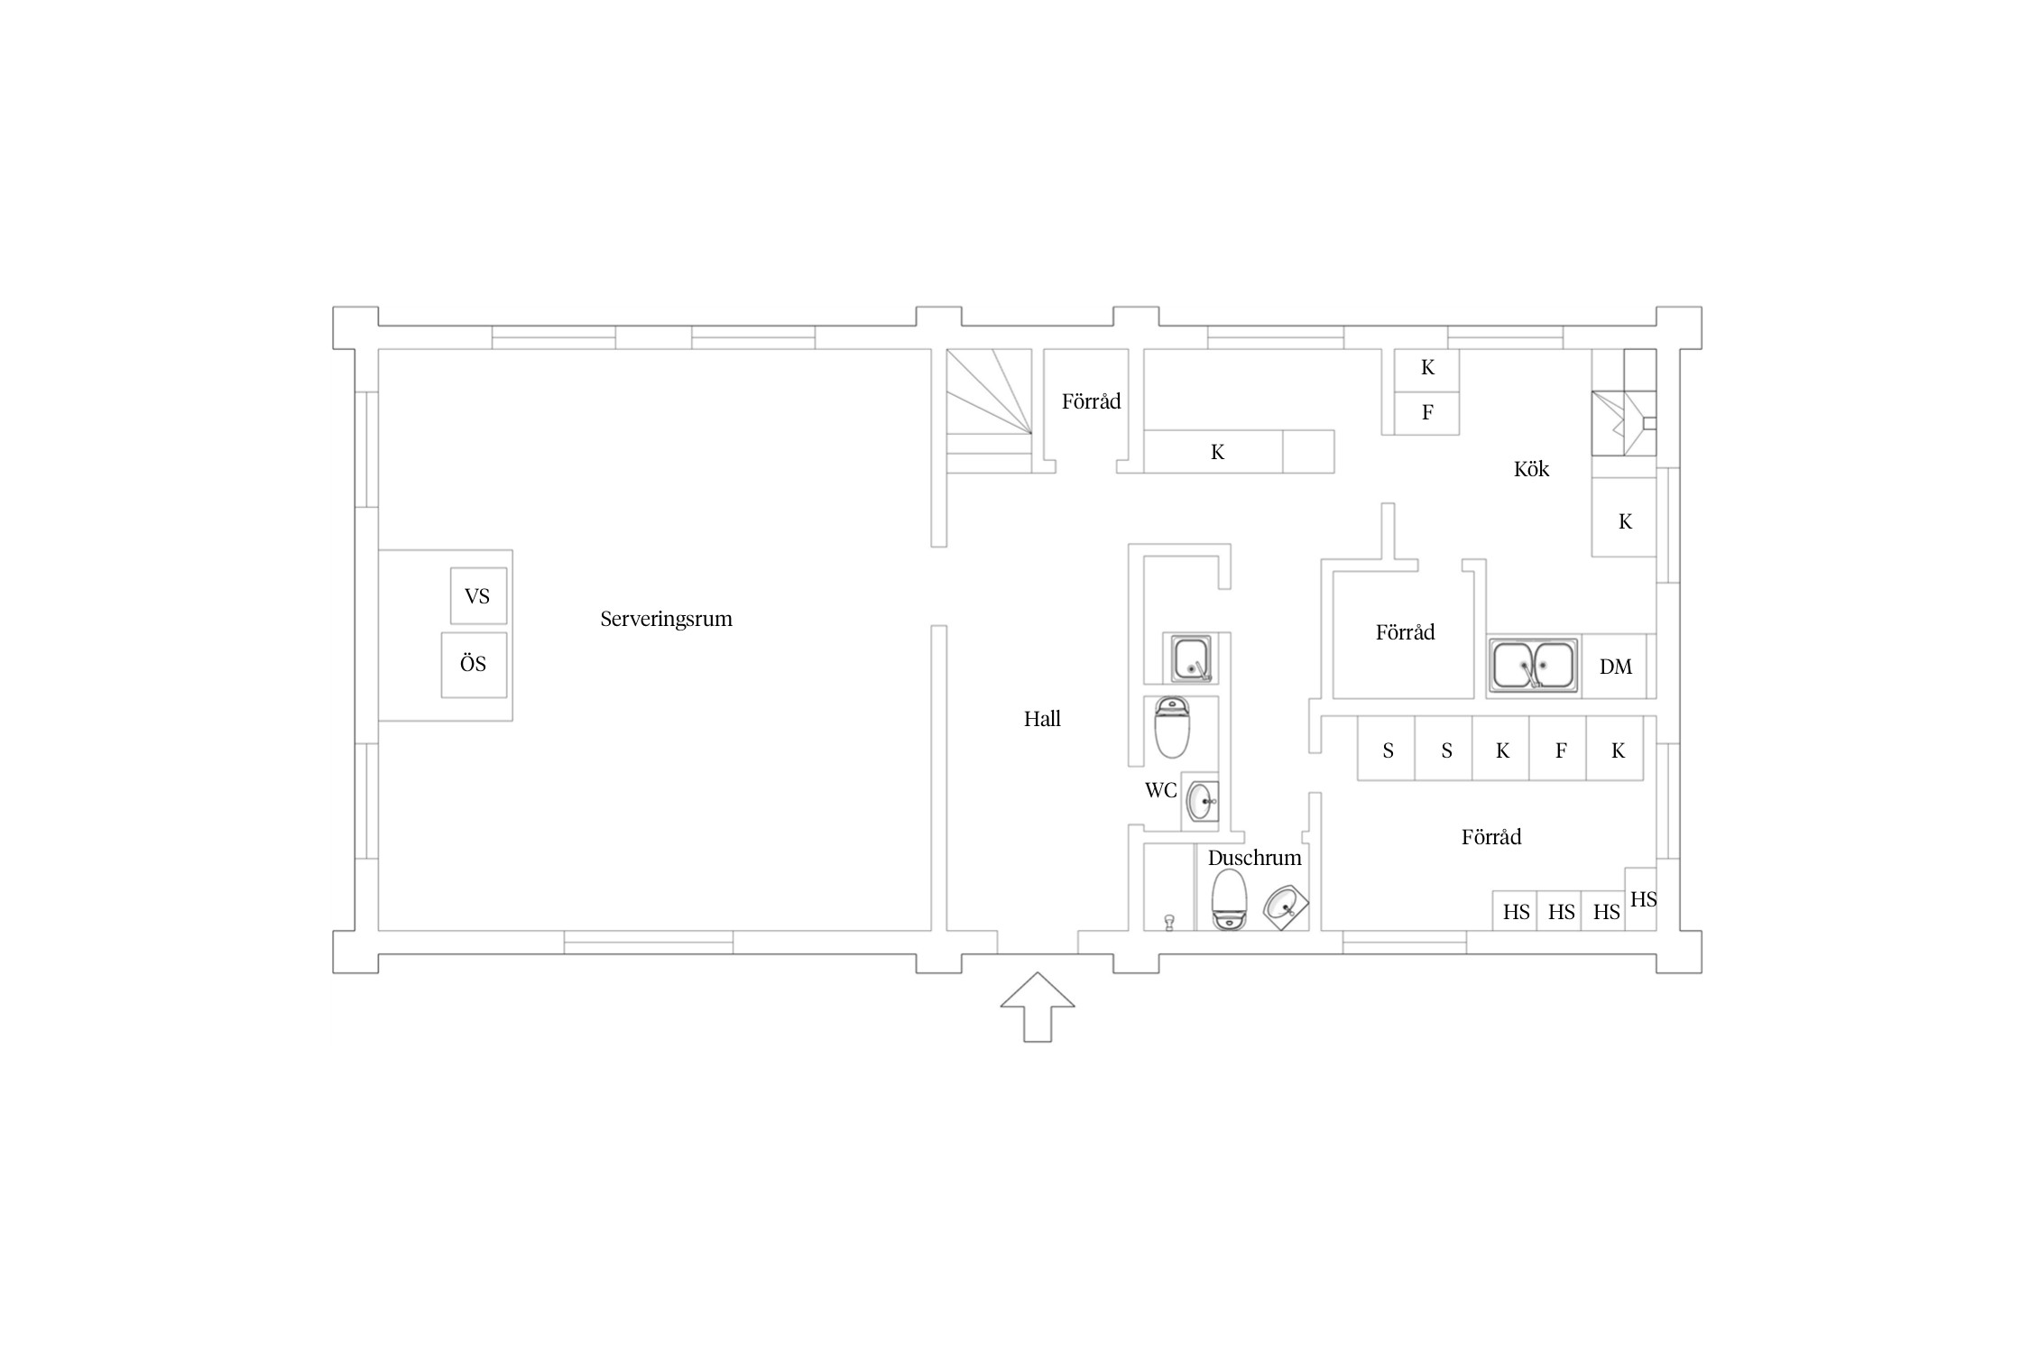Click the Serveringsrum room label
click(x=666, y=619)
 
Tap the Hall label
click(x=1042, y=719)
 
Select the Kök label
click(x=1531, y=468)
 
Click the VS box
click(x=478, y=595)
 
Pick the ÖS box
click(x=474, y=665)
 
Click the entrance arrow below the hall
click(x=1038, y=1007)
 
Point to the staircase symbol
click(x=989, y=410)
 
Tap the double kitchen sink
click(x=1535, y=666)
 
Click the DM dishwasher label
click(x=1616, y=667)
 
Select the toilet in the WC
click(x=1173, y=728)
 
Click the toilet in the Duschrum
click(x=1229, y=899)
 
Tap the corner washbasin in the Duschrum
click(x=1285, y=907)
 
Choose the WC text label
click(x=1161, y=790)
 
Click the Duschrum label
click(x=1255, y=858)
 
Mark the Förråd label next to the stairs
click(x=1091, y=401)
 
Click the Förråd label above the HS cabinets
click(x=1491, y=837)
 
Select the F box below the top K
click(x=1427, y=414)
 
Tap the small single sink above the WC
click(x=1192, y=659)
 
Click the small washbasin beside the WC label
click(x=1200, y=801)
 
